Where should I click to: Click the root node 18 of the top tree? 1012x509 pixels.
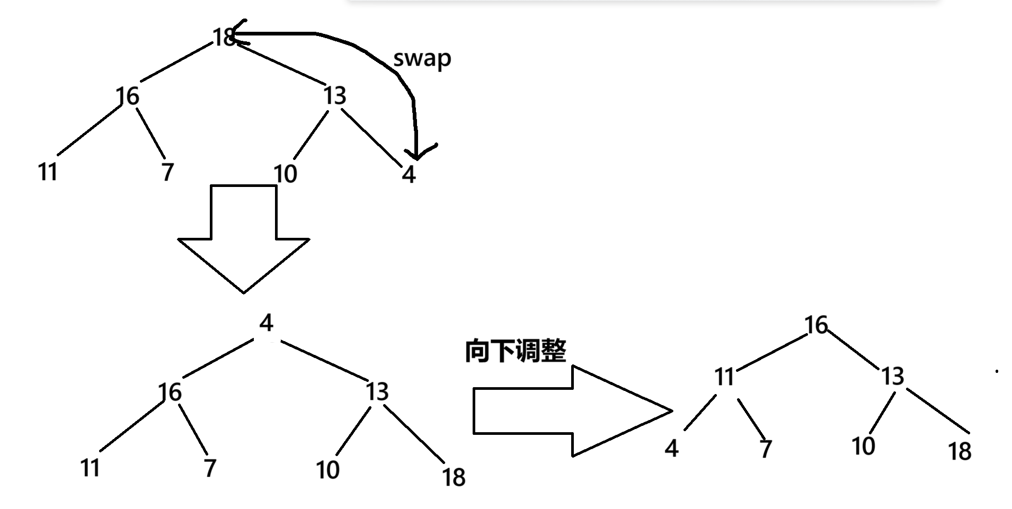pos(224,37)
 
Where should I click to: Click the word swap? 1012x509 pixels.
pos(422,58)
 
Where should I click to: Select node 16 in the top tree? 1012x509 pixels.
pos(128,96)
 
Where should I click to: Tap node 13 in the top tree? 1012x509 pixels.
pos(335,96)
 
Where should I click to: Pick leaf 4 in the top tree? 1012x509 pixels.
pos(409,174)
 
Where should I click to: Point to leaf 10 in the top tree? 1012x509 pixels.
pos(285,174)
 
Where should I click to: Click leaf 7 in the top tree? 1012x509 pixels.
pos(167,172)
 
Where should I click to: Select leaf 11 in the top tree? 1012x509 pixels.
pos(48,172)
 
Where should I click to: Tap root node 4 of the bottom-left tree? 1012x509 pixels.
pos(266,323)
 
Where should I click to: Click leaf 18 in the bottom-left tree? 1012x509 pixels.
pos(454,477)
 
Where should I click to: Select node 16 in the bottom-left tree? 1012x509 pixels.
pos(170,392)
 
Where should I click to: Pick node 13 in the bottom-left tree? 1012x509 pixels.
pos(377,392)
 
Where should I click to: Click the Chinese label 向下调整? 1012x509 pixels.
pos(516,351)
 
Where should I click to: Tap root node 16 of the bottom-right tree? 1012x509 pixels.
pos(816,325)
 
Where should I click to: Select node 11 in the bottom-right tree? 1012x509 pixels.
pos(724,377)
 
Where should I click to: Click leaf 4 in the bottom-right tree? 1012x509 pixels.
pos(671,449)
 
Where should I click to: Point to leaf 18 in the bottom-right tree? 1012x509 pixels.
pos(960,451)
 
